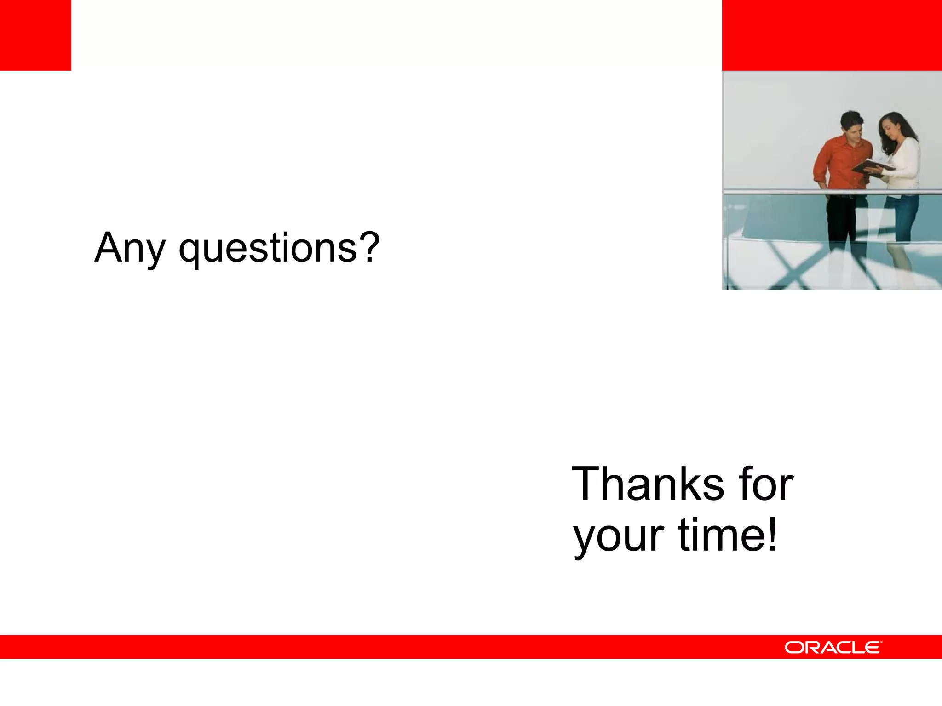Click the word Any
[129, 248]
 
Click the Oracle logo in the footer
[833, 647]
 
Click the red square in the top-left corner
[35, 35]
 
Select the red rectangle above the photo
[832, 35]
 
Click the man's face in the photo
[852, 131]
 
